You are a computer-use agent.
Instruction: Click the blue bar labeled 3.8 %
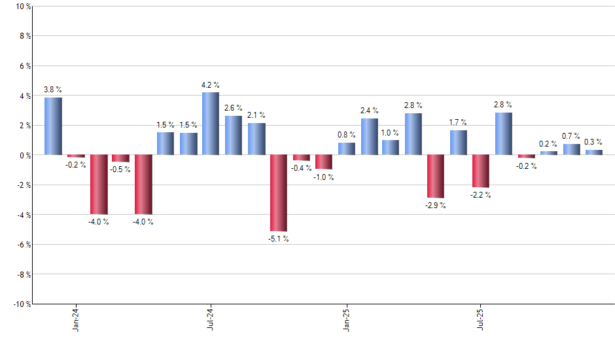53,126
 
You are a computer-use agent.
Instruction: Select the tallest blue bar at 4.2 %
211,124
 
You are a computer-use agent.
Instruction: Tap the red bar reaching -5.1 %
278,193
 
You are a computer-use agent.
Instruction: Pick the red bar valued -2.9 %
436,176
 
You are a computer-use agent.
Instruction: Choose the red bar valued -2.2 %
481,171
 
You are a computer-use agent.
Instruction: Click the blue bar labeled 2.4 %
369,137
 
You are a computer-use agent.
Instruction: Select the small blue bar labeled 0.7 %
571,150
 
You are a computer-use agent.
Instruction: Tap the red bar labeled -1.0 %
324,162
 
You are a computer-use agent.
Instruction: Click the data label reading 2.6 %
233,107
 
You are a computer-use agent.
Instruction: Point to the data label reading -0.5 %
120,170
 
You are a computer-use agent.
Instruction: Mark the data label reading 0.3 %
593,142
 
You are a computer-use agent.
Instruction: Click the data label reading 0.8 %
347,135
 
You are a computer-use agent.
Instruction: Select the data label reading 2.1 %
256,115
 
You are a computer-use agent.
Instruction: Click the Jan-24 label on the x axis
76,319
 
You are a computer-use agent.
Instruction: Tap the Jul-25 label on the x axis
481,319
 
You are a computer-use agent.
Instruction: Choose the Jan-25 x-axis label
346,319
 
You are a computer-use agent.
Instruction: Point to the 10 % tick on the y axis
22,7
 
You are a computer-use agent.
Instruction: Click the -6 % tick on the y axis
22,245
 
